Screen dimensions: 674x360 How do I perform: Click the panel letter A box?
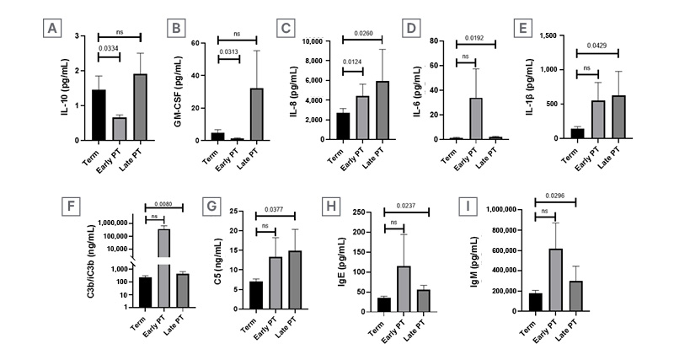click(x=52, y=29)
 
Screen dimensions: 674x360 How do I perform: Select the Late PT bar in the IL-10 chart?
click(x=140, y=107)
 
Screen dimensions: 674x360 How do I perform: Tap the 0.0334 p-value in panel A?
click(x=109, y=48)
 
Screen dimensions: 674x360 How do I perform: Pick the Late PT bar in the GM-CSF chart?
click(x=256, y=115)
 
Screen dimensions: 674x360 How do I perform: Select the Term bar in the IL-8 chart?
click(x=343, y=126)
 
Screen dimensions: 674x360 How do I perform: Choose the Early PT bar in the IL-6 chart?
click(x=476, y=119)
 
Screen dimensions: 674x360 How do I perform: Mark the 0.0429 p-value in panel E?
click(x=597, y=46)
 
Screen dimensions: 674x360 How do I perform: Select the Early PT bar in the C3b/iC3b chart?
click(x=163, y=268)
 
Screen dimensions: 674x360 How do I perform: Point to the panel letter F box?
click(x=71, y=207)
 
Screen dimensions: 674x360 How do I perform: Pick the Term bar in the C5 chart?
click(x=256, y=295)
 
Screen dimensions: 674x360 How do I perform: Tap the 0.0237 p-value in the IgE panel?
click(x=406, y=206)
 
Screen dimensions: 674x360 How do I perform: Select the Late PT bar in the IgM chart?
click(x=575, y=296)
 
